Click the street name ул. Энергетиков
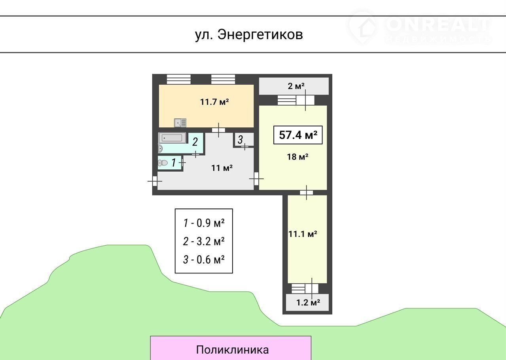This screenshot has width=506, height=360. tap(249, 35)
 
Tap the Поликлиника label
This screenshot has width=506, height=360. tap(232, 350)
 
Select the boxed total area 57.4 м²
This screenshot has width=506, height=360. tap(298, 135)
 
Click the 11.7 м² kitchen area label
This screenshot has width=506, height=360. tap(214, 102)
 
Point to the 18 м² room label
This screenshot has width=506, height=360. tap(298, 157)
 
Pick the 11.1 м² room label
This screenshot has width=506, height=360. tap(303, 234)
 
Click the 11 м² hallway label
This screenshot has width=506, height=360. tap(222, 168)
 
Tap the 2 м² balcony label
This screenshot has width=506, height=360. tap(296, 86)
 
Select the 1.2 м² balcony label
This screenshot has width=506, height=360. tap(308, 302)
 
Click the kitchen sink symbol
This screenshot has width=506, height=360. tap(180, 123)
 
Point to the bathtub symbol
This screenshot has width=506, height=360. tap(172, 138)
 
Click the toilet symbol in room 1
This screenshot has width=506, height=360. tap(163, 163)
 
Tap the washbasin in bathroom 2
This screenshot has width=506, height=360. tap(160, 149)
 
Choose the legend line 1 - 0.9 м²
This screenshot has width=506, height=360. tap(204, 223)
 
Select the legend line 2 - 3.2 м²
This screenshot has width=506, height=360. tap(204, 241)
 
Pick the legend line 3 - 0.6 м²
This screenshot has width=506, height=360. tap(204, 260)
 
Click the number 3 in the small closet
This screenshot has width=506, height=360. tap(240, 140)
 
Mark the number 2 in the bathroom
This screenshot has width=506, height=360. tap(195, 142)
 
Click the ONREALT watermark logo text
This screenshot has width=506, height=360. tap(438, 25)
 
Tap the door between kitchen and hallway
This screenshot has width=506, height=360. tap(218, 130)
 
